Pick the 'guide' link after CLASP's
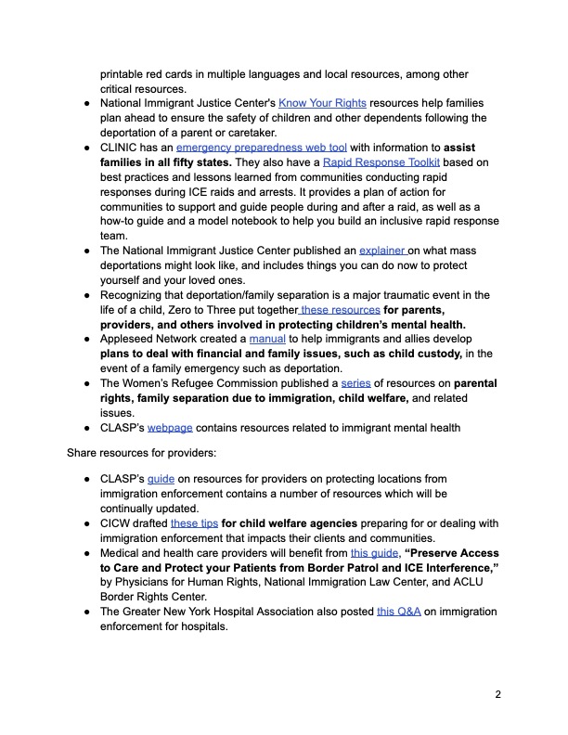[161, 479]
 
